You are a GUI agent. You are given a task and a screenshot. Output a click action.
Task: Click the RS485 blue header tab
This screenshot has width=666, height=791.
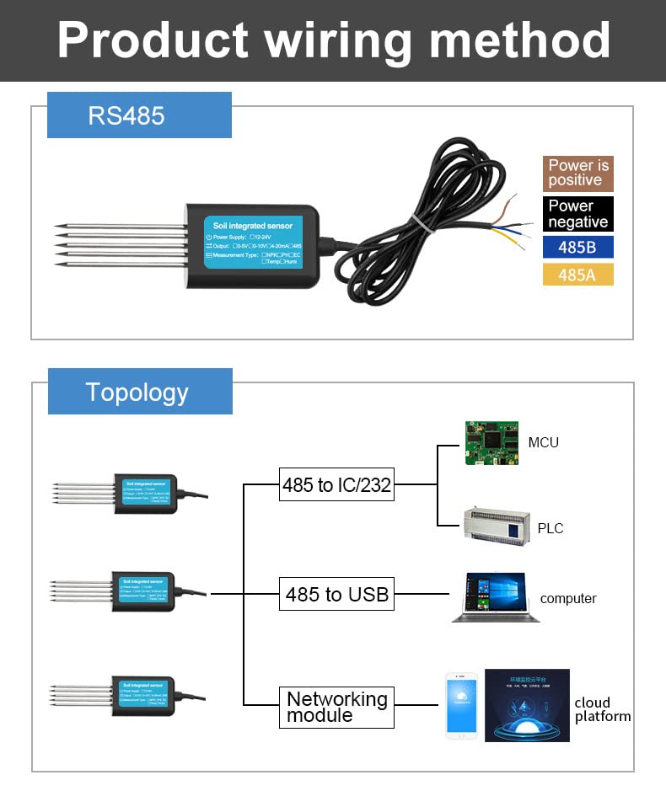click(139, 115)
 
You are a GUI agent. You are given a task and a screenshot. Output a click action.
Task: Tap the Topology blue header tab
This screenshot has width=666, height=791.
click(139, 392)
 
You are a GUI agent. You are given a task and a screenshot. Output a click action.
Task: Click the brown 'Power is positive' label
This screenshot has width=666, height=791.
click(577, 174)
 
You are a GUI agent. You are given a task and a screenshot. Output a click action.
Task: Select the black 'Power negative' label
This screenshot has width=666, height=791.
click(577, 214)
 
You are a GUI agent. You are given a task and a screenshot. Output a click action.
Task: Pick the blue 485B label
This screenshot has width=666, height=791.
click(577, 248)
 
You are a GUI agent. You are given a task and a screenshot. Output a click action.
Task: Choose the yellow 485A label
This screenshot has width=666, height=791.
click(577, 275)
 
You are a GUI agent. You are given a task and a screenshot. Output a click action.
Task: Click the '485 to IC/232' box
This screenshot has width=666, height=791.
click(336, 485)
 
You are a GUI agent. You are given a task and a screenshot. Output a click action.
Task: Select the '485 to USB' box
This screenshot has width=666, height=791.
click(336, 595)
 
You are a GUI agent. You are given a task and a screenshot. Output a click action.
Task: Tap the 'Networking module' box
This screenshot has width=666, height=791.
click(336, 707)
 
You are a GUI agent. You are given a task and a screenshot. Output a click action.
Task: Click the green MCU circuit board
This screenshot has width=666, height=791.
click(491, 443)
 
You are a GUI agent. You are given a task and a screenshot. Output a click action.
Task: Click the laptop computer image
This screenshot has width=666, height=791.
click(496, 597)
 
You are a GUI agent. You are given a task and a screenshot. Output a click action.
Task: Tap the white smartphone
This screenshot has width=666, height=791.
click(461, 706)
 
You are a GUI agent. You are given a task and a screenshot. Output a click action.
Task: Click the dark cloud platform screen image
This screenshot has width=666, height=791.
click(527, 706)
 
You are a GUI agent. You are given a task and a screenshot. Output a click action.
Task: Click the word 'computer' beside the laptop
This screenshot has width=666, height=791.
click(567, 599)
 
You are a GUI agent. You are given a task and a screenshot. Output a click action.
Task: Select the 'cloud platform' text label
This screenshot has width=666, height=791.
click(602, 709)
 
